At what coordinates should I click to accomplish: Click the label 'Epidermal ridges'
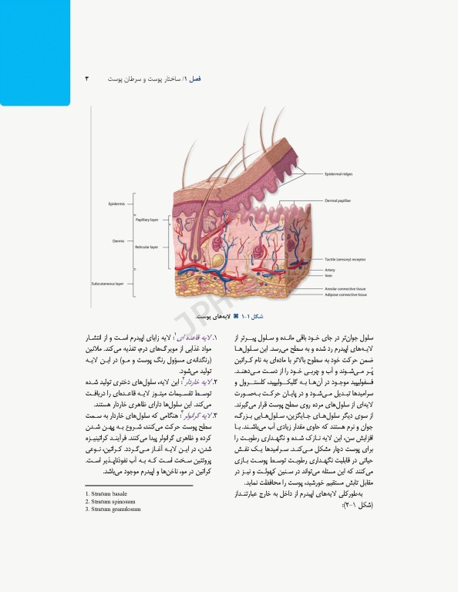[340, 174]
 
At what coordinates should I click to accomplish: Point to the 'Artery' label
[329, 270]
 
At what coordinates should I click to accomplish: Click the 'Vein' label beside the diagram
[328, 277]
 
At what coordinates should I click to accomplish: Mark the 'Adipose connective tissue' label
[345, 294]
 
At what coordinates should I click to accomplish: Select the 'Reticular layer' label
[146, 247]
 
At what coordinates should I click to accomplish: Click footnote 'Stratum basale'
[106, 493]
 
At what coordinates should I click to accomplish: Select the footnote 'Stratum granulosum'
[111, 509]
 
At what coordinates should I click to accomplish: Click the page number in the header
[88, 79]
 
